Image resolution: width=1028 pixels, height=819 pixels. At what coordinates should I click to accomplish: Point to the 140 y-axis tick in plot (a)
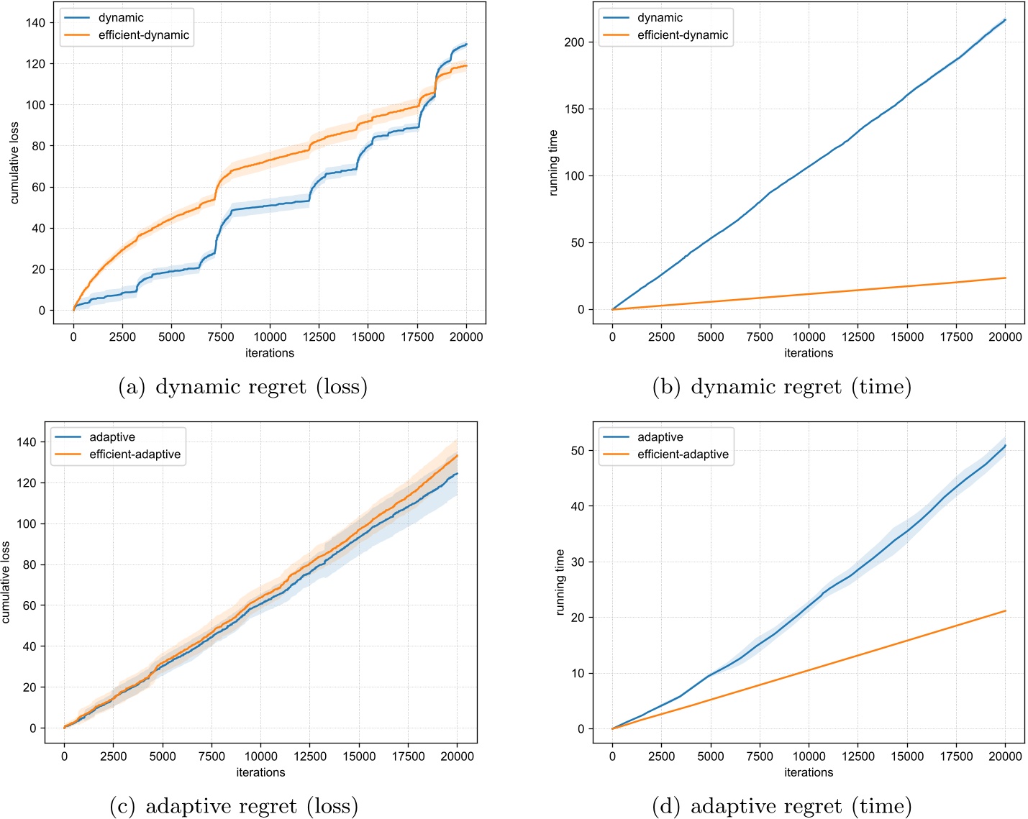[x=35, y=23]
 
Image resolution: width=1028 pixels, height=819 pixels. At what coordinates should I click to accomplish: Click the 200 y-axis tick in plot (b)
[x=574, y=42]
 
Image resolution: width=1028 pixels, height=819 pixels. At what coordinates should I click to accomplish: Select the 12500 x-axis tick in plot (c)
[x=310, y=756]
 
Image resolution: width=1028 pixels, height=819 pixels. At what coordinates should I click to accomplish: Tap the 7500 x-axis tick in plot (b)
[x=760, y=337]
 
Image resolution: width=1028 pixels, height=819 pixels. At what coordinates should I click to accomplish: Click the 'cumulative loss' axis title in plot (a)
[x=14, y=163]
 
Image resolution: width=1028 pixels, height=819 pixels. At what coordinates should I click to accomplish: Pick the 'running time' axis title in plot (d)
[x=560, y=582]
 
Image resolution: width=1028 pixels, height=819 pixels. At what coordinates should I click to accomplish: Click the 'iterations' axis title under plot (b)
[x=809, y=353]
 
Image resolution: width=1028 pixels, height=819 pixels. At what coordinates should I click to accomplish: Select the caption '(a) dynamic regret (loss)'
[x=242, y=387]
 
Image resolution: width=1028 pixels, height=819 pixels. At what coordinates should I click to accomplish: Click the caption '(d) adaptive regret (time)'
[x=781, y=806]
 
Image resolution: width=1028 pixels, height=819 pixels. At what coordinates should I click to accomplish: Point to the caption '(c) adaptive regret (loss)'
[x=234, y=806]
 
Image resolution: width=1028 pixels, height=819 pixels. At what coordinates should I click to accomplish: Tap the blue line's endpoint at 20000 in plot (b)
[x=1005, y=19]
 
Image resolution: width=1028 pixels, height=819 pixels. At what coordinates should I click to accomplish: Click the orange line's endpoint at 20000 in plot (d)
[x=1005, y=611]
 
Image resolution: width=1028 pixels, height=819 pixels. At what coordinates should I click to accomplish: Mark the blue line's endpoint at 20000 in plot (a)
[x=466, y=45]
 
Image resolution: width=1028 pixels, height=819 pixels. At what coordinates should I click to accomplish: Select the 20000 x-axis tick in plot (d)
[x=1005, y=756]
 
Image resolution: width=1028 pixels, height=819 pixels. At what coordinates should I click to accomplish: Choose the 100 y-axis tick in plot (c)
[x=27, y=524]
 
